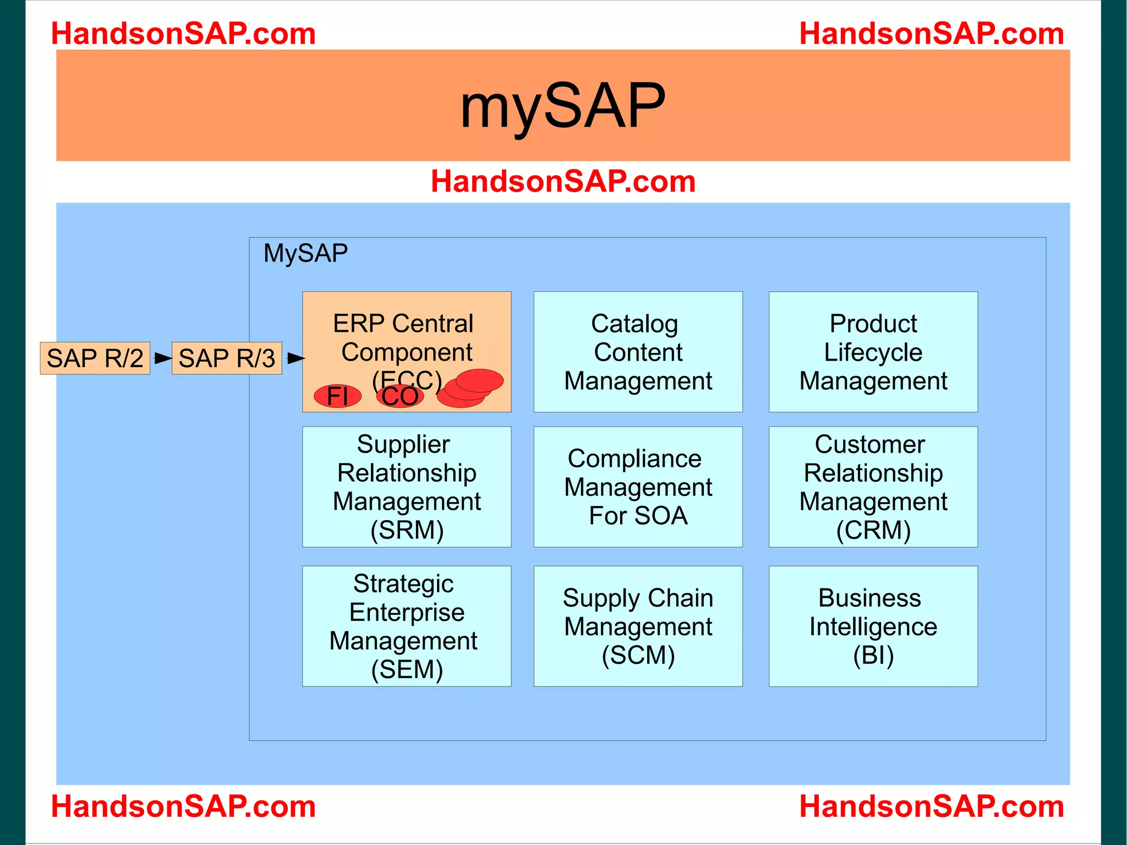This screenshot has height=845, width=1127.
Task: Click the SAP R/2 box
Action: [x=95, y=358]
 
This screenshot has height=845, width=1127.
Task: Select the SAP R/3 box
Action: [x=227, y=358]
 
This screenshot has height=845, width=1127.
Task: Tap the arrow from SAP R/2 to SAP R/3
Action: [x=162, y=358]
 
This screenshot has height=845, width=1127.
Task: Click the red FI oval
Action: [x=337, y=396]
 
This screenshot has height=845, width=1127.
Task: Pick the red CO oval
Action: [x=400, y=396]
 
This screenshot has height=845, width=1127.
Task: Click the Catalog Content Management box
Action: [x=638, y=352]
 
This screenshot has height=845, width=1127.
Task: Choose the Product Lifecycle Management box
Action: [x=873, y=352]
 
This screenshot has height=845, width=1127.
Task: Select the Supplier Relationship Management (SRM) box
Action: [x=407, y=487]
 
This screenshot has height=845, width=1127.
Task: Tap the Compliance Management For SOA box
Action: [x=638, y=487]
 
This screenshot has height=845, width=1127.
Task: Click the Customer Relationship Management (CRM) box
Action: [x=873, y=487]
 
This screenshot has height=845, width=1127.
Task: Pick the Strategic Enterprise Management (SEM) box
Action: [x=407, y=626]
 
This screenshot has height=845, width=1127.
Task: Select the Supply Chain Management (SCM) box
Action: [x=638, y=626]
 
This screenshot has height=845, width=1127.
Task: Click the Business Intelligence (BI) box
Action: [x=873, y=626]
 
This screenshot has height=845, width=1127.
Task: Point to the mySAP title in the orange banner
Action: [x=562, y=106]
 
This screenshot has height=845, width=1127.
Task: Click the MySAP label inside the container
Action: [x=305, y=253]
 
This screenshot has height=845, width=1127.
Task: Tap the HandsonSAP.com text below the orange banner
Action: [x=563, y=181]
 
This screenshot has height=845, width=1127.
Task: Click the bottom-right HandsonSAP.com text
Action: [x=931, y=806]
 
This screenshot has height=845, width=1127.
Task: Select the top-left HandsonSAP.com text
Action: [x=183, y=34]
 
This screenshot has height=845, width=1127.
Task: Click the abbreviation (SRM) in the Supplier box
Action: [x=407, y=530]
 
